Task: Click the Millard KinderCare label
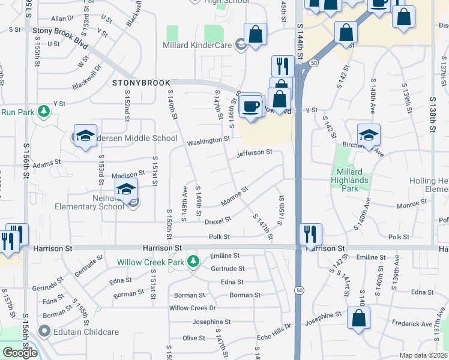click(197, 45)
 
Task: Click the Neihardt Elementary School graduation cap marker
click(127, 190)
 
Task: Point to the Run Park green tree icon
click(43, 112)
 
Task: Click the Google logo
click(20, 353)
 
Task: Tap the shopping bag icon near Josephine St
click(358, 319)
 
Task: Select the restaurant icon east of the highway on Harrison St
click(310, 234)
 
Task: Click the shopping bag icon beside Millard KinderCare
click(256, 35)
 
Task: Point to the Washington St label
click(208, 142)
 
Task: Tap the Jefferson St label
click(255, 154)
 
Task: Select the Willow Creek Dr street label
click(192, 308)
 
